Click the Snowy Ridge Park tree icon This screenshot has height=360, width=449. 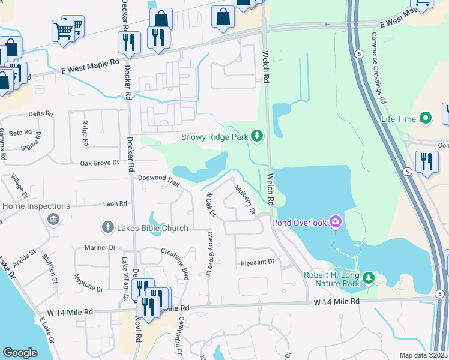[x=257, y=137]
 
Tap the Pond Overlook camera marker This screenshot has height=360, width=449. [x=335, y=223]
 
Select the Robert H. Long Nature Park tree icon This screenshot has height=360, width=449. [x=369, y=278]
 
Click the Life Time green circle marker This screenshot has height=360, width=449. [x=426, y=118]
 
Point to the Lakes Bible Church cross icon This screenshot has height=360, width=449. [x=107, y=227]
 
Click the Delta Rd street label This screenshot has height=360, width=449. [x=41, y=113]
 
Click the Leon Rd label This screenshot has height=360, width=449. [x=115, y=204]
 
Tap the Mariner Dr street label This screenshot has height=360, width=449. [x=100, y=247]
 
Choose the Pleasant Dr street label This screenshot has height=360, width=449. [x=257, y=262]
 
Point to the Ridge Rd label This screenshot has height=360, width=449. [x=85, y=136]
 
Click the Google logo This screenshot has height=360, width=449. [x=20, y=353]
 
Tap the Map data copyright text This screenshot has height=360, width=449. [x=424, y=355]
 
